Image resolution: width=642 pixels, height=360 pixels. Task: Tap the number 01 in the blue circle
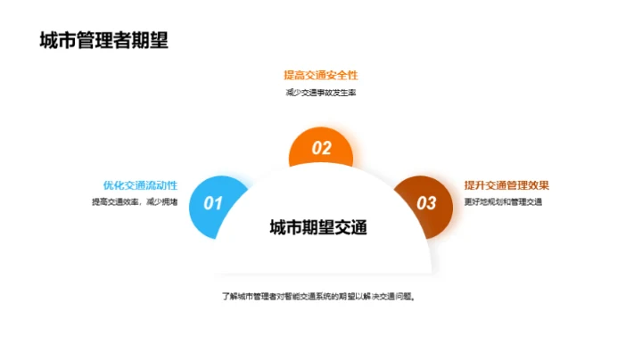point(213,203)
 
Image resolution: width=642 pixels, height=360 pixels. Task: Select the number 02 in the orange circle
point(321,149)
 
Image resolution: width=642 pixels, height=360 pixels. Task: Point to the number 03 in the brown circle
point(427,203)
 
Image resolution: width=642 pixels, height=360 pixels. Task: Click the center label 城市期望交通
point(319,227)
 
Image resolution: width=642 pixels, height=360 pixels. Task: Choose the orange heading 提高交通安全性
point(320,75)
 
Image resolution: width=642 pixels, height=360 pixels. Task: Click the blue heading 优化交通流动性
point(140,185)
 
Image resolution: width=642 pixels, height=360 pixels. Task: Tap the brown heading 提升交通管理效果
point(506,185)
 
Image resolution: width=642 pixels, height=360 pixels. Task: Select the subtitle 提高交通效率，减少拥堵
point(135,202)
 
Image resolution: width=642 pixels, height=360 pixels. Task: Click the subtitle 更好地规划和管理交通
point(503,202)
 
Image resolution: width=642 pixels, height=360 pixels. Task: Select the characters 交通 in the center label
point(351,227)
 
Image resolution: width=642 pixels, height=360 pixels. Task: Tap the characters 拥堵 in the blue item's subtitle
point(169,202)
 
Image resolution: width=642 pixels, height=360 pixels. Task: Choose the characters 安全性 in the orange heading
point(342,75)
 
